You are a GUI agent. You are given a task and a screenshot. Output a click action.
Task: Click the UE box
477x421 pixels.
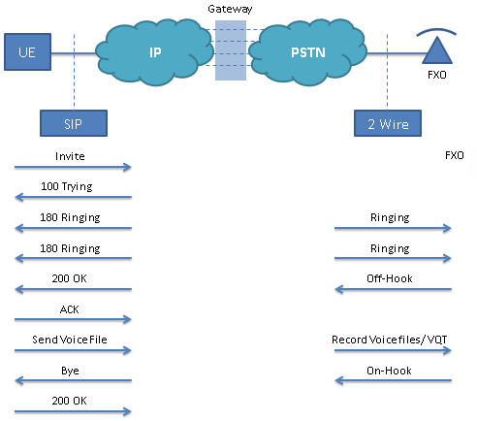tap(27, 51)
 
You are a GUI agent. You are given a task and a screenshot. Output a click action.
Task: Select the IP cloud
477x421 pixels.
tap(154, 52)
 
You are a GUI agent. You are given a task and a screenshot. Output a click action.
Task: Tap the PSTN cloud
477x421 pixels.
tap(307, 52)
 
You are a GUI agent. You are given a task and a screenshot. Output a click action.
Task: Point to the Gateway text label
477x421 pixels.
tap(230, 9)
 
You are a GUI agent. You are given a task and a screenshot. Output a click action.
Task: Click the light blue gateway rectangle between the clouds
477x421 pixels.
tap(231, 50)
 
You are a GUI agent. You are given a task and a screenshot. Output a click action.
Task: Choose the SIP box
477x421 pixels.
tap(74, 123)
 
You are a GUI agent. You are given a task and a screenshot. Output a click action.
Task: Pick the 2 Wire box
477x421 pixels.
tap(388, 123)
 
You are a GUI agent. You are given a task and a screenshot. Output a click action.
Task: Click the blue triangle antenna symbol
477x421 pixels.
tap(437, 51)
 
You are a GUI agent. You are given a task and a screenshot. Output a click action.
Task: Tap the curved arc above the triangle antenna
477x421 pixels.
tap(436, 31)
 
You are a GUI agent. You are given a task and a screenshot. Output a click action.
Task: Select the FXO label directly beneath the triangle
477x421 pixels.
tap(437, 75)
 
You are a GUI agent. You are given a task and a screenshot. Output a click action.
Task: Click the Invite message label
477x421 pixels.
tap(70, 156)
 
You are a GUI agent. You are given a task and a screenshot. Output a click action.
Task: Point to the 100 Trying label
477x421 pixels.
tap(67, 186)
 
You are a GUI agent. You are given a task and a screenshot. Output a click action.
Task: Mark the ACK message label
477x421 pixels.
tap(70, 309)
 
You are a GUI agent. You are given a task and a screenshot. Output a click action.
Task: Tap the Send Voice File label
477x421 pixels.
tap(70, 340)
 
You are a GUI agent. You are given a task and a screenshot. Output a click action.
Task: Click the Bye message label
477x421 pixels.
tap(70, 371)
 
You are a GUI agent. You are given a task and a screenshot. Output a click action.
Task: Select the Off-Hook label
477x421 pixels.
tap(390, 278)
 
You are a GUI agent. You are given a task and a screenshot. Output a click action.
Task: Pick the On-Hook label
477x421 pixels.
tap(389, 371)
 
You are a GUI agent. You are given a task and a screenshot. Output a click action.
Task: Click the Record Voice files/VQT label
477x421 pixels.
tap(390, 340)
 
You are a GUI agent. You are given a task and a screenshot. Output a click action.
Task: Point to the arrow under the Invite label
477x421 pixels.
tap(73, 167)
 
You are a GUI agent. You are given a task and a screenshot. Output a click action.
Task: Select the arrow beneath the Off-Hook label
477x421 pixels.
tap(393, 289)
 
